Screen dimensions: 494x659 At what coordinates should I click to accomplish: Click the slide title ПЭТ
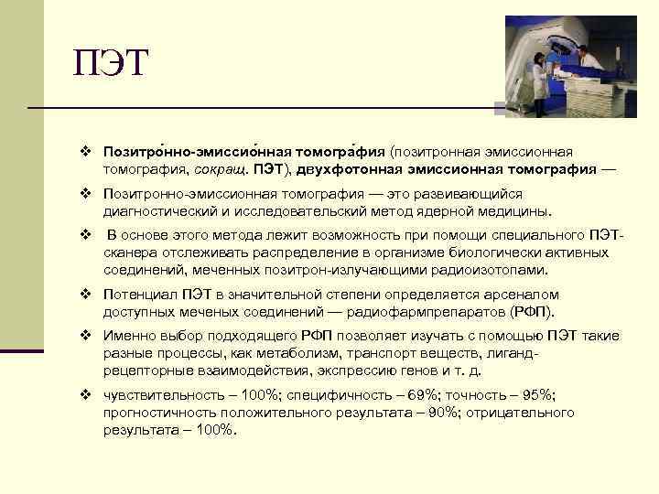[x=110, y=64]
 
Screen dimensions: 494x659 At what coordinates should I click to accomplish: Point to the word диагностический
[x=159, y=212]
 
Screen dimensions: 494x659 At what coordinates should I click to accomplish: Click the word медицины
[x=511, y=212]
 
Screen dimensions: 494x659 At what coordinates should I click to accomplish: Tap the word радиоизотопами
[x=494, y=270]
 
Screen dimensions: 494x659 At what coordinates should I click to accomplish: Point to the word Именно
[x=128, y=336]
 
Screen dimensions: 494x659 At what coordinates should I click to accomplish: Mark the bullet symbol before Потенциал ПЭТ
[x=84, y=295]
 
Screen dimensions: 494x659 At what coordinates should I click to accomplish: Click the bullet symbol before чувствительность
[x=84, y=394]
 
